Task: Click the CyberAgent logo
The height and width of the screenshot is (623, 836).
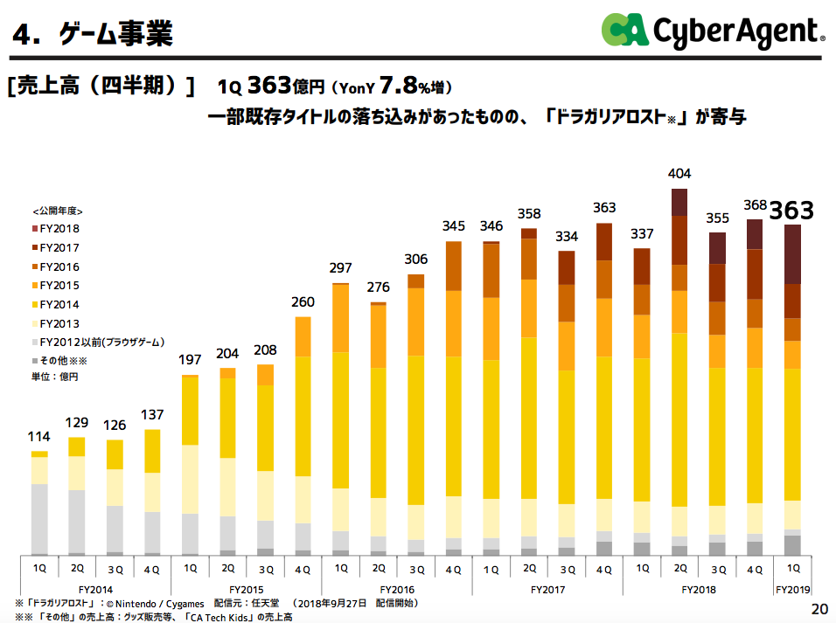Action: click(x=712, y=31)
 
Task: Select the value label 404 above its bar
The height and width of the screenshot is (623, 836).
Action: click(x=679, y=174)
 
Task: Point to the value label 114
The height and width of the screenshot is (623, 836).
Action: click(x=39, y=437)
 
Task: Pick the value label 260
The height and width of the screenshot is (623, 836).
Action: click(x=303, y=302)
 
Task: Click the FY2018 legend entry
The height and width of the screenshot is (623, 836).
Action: click(x=54, y=229)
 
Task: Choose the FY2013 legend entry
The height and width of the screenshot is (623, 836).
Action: click(x=54, y=323)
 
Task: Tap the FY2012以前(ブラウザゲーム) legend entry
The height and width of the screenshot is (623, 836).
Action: click(x=96, y=342)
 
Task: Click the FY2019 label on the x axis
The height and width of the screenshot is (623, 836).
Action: click(x=793, y=590)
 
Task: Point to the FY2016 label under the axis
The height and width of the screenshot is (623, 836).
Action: click(x=397, y=590)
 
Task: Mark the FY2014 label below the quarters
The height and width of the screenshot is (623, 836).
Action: click(x=95, y=590)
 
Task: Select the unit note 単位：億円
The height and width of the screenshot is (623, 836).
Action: click(x=54, y=377)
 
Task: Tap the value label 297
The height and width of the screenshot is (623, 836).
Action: click(x=340, y=268)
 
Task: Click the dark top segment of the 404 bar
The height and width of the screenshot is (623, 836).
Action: click(x=679, y=202)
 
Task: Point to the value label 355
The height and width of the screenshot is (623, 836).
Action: click(x=717, y=218)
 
